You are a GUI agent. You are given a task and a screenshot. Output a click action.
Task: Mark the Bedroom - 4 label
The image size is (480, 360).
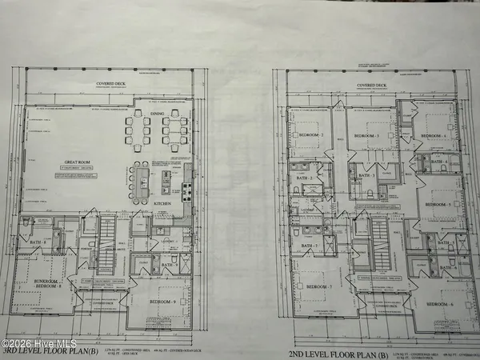pyautogui.click(x=434, y=137)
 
